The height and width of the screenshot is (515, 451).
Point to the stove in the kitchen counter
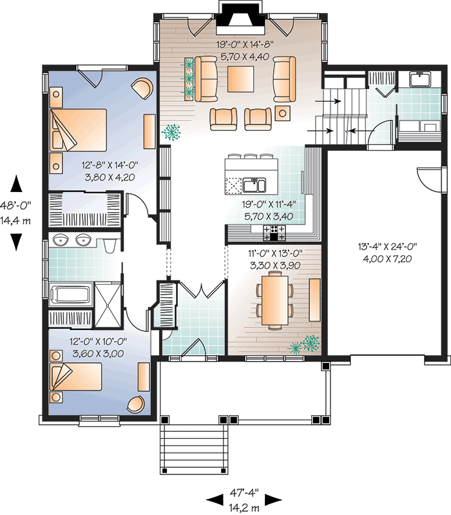coord(274,230)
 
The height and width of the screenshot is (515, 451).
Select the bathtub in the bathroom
coord(70,295)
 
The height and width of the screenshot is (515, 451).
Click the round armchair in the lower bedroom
coord(136,403)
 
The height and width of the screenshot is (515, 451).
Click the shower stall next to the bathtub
coord(108,297)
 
